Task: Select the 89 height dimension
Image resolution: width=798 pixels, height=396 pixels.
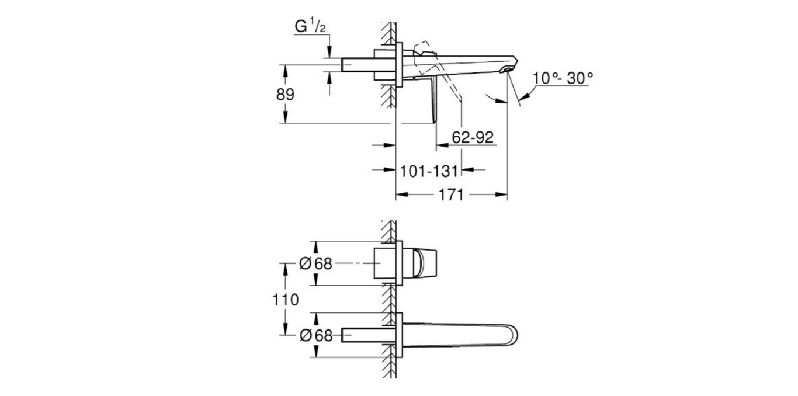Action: click(285, 94)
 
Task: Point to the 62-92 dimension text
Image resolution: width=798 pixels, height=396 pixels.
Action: click(473, 138)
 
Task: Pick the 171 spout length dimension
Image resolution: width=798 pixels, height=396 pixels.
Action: click(451, 194)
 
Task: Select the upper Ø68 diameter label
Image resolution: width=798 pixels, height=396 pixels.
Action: click(315, 264)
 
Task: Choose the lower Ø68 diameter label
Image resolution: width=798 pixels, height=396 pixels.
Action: click(315, 335)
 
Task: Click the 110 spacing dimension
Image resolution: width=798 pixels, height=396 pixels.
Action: click(285, 300)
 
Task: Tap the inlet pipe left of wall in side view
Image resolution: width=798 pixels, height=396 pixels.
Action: click(358, 64)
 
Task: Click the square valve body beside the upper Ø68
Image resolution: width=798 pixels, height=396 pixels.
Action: click(384, 264)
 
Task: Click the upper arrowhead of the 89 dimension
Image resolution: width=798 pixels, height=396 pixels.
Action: click(285, 69)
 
